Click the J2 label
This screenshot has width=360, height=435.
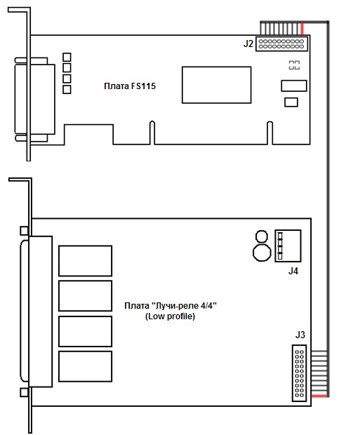coord(248,43)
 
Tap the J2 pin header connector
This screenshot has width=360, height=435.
coord(281,43)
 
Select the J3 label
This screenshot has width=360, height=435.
coord(300,335)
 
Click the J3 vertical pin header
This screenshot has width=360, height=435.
coord(299,373)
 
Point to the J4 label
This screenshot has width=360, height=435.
coord(293,271)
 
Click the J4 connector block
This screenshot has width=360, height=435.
coord(288,246)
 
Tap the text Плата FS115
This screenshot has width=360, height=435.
coord(130,86)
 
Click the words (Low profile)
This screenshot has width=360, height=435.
coord(170,316)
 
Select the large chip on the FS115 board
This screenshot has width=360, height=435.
coord(217,85)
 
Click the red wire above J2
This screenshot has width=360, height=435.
coord(302,29)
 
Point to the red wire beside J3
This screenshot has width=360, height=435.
coord(319,396)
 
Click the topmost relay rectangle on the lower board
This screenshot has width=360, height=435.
coord(85,261)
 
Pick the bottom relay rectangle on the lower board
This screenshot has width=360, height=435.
coord(85,366)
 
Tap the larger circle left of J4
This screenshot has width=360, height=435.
coord(262,252)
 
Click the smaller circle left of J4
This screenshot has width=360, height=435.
coord(262,237)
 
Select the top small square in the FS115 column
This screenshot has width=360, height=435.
coord(67,57)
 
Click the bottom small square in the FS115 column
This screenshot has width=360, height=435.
coord(67,90)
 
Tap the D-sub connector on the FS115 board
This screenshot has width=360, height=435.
coord(34,100)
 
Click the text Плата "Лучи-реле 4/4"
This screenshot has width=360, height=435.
coord(171,306)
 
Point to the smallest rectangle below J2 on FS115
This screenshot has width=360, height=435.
coord(291,102)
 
